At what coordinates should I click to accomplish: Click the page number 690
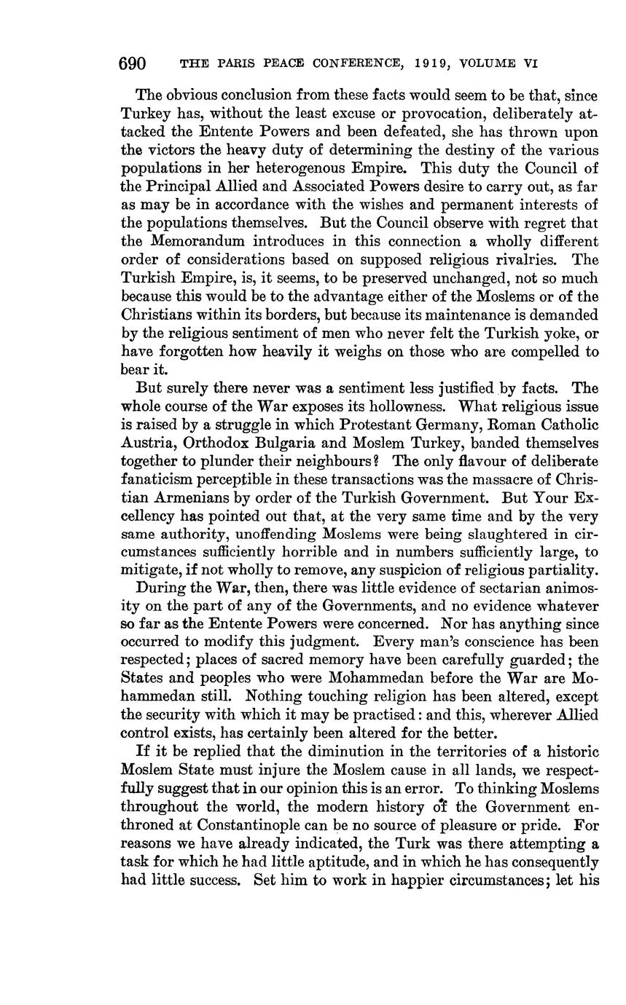pos(133,63)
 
